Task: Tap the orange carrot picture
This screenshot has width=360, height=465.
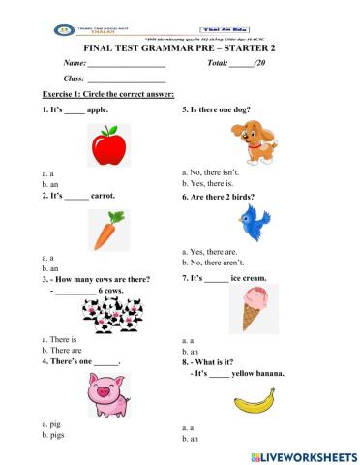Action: (105, 231)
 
